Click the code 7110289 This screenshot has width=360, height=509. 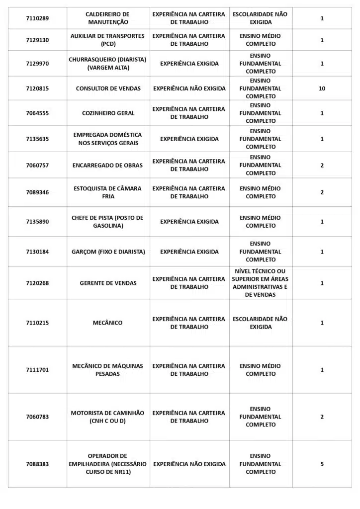click(x=37, y=18)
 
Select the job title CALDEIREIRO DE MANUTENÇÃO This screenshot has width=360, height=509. click(x=107, y=18)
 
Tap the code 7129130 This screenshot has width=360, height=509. click(x=37, y=40)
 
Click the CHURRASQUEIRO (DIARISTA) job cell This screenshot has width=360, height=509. click(x=107, y=64)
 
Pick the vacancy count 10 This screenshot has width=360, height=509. click(x=322, y=88)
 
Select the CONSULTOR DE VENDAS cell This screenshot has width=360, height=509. click(x=108, y=88)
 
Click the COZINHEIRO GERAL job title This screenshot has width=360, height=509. click(x=108, y=113)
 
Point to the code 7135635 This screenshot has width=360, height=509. click(x=37, y=139)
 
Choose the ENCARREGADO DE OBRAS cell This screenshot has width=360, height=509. click(x=108, y=166)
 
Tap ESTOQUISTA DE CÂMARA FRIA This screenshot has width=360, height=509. click(x=107, y=192)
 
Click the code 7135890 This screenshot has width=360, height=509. click(x=37, y=222)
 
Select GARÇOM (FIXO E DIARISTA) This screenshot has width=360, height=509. click(x=108, y=252)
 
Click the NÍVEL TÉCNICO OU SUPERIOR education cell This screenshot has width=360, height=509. click(x=261, y=283)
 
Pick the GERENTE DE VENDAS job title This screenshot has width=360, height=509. click(x=108, y=283)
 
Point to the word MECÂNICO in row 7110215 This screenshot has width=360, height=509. click(x=107, y=323)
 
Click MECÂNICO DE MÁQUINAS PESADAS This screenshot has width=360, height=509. click(x=107, y=370)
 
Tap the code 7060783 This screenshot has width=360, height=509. click(x=37, y=417)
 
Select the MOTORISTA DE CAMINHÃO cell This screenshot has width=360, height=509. click(x=107, y=417)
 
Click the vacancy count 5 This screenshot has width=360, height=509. click(x=322, y=464)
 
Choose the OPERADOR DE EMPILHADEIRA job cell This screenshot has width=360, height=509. click(x=107, y=464)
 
